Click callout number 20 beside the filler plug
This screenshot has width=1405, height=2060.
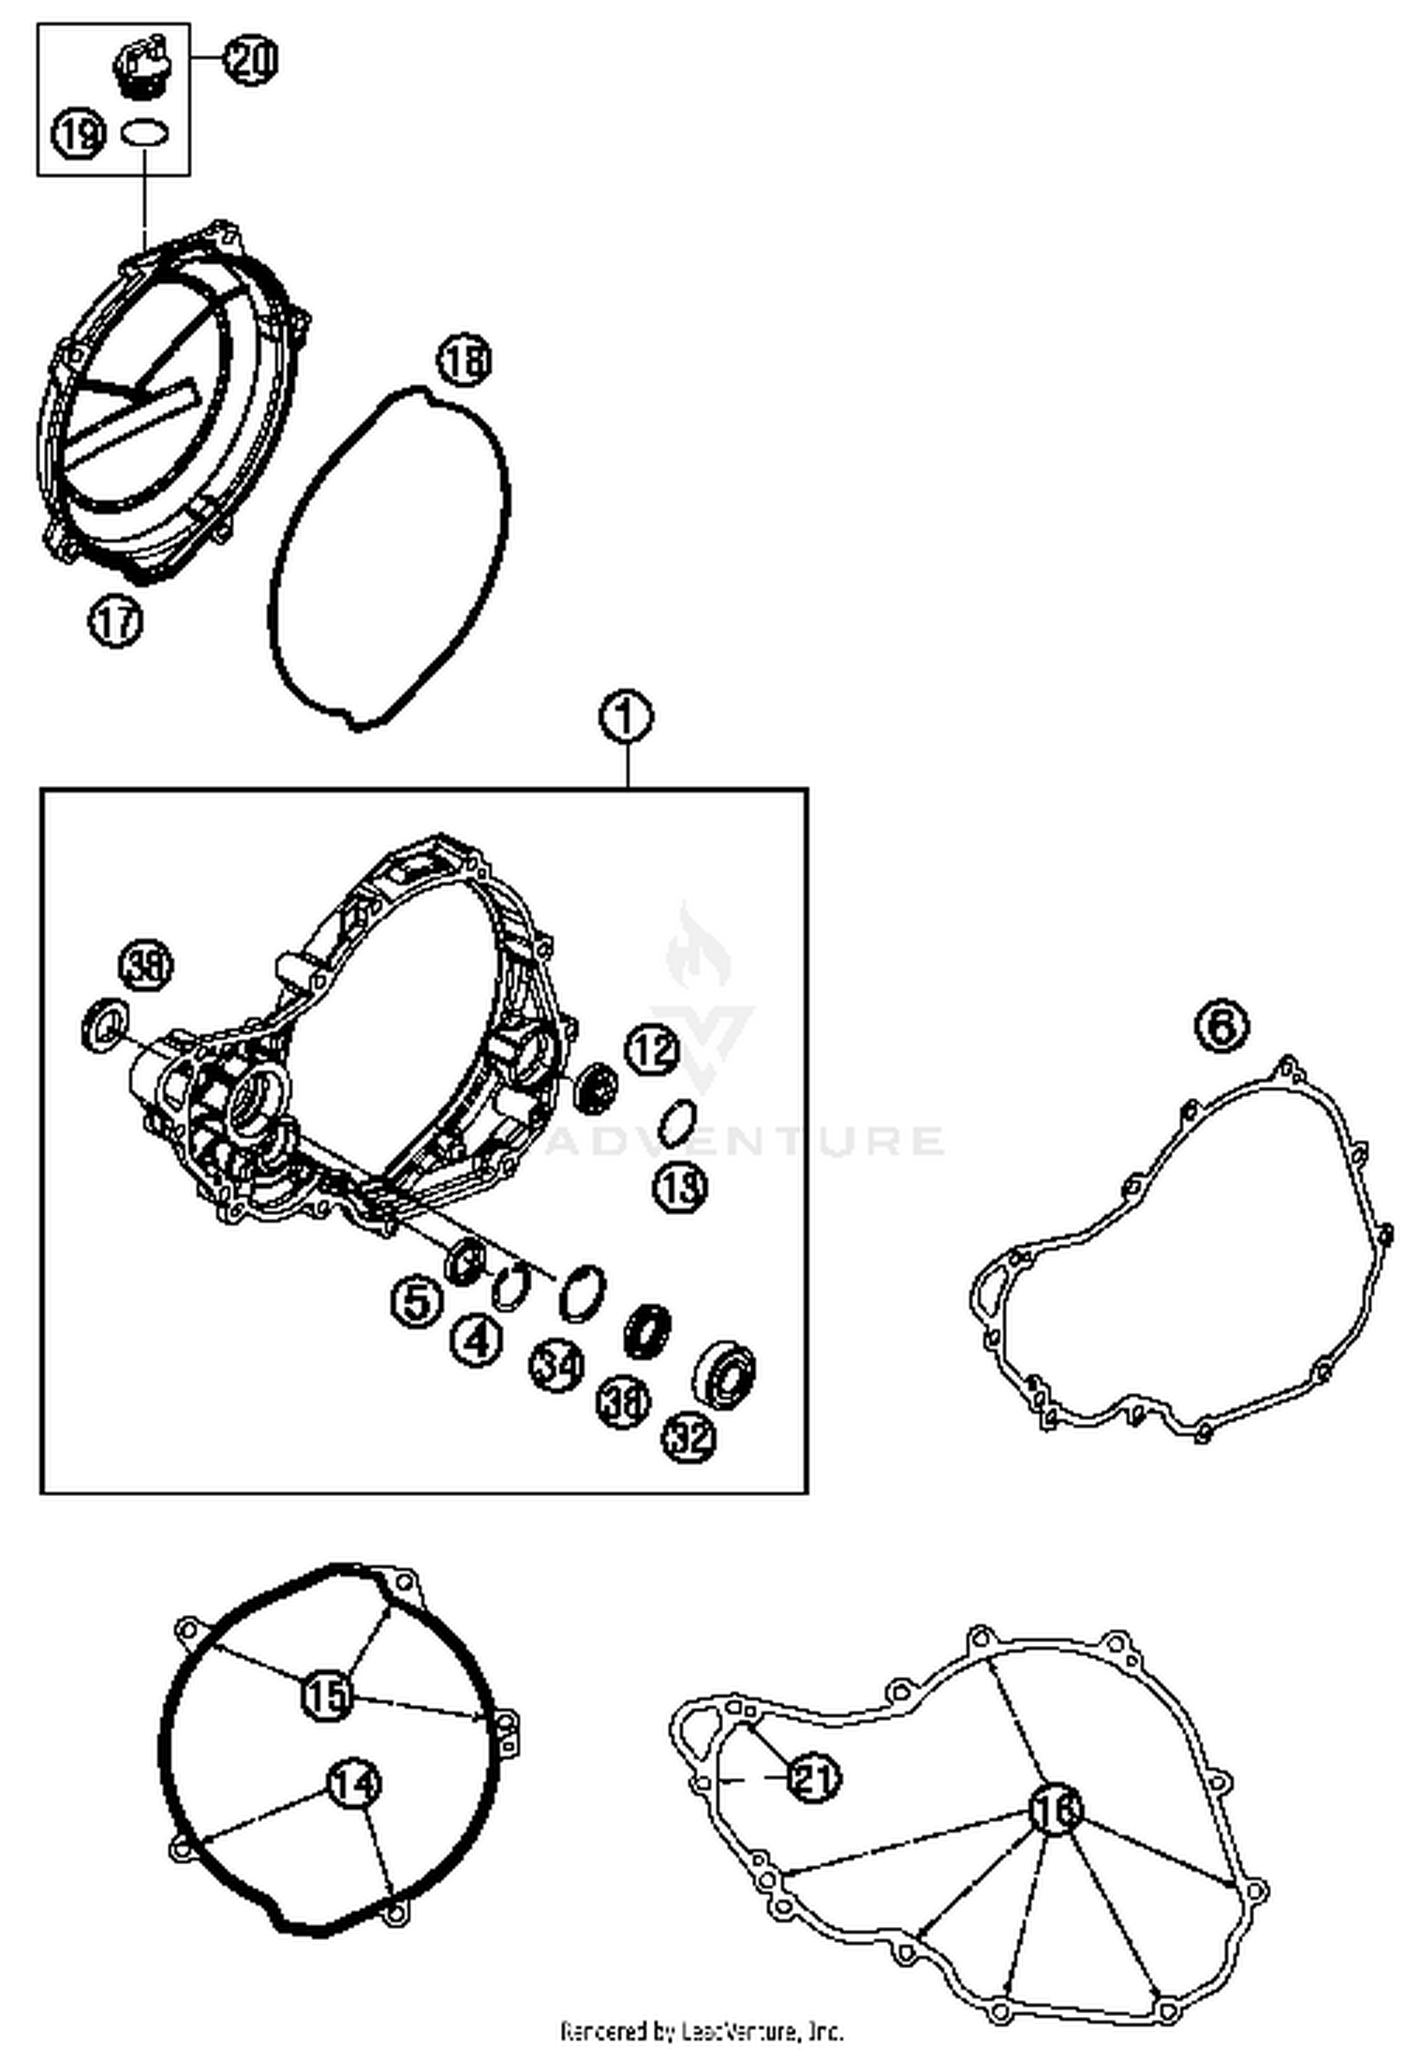[x=250, y=60]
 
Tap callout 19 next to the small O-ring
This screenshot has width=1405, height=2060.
[x=79, y=134]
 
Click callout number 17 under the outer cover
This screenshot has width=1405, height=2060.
[x=115, y=621]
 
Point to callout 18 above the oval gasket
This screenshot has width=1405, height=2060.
[x=465, y=361]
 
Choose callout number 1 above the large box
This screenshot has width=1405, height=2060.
[x=627, y=719]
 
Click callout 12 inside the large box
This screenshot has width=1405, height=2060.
[x=652, y=1049]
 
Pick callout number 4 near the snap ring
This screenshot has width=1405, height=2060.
[x=477, y=1341]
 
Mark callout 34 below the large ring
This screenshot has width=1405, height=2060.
[x=556, y=1366]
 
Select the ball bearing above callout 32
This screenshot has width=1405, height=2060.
[x=725, y=1372]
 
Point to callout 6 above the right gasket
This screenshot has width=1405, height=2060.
[x=1222, y=1028]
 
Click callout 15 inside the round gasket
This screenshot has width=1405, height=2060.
[x=327, y=1694]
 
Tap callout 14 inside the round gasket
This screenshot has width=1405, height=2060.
[x=352, y=1785]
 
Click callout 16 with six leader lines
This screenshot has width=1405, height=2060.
[x=1055, y=1810]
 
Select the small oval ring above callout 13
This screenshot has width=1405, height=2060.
[x=677, y=1121]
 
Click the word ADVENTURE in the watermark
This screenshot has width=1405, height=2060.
[x=745, y=1140]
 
